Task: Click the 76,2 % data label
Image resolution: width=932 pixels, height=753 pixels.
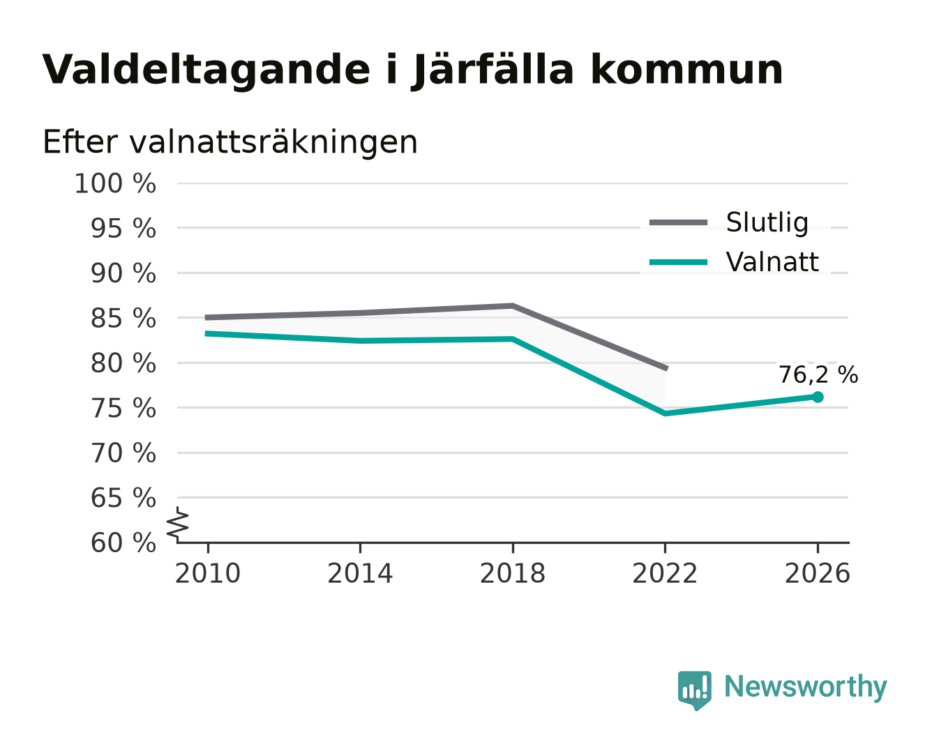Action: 818,375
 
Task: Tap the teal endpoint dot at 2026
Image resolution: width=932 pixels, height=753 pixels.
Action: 818,397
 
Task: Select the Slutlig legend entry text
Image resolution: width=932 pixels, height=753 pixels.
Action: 767,222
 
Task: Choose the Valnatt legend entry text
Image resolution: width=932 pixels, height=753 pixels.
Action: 772,262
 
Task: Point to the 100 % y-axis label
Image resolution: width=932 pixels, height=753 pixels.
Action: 115,183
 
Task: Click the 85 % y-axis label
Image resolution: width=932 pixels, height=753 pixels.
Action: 123,319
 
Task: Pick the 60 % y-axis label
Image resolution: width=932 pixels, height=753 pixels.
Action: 123,543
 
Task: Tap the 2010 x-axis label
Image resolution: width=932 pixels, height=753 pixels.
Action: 208,573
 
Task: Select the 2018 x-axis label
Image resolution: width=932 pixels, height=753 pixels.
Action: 512,573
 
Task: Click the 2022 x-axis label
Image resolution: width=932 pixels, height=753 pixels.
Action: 665,573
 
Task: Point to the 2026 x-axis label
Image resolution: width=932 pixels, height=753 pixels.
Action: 817,573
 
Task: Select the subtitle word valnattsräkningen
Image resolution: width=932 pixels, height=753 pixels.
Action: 273,142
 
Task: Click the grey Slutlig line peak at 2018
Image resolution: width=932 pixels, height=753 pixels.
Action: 512,305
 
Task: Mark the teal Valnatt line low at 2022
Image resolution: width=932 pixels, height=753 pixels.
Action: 665,413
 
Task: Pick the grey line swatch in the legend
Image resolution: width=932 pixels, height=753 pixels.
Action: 678,222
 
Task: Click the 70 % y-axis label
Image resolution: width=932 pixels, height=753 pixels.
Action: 123,453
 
